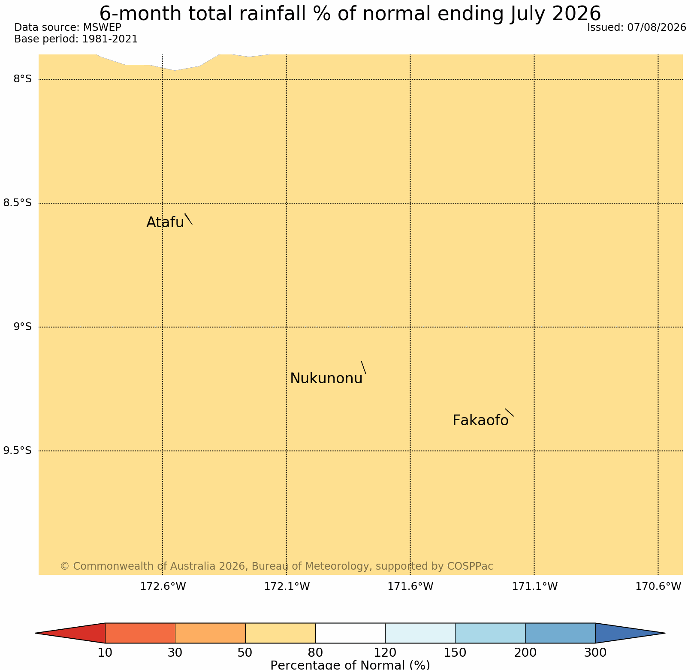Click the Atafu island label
[165, 222]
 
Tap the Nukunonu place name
[326, 379]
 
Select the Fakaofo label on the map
[480, 421]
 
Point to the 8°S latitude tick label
[23, 79]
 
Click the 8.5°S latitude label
[18, 203]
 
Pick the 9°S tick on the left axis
[23, 327]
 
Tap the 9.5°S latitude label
[18, 451]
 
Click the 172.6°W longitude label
[163, 586]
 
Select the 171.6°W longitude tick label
[410, 586]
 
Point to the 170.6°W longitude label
[658, 586]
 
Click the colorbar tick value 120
[385, 653]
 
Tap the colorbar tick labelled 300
[595, 653]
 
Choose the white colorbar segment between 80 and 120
[350, 633]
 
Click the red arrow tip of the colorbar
[36, 633]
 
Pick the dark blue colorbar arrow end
[664, 633]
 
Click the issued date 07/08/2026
[657, 27]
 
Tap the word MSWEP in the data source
[102, 27]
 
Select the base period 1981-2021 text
[110, 39]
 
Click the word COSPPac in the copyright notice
[470, 566]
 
